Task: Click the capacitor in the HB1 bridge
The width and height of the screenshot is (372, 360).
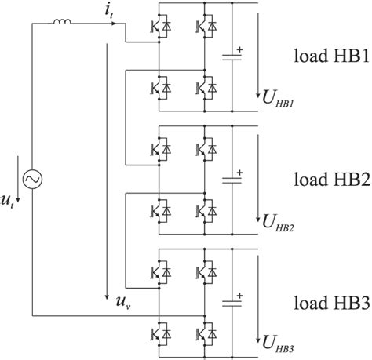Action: tap(231, 56)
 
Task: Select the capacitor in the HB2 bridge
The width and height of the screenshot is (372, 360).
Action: tap(231, 178)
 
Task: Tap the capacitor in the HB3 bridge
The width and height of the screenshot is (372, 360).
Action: tap(231, 300)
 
